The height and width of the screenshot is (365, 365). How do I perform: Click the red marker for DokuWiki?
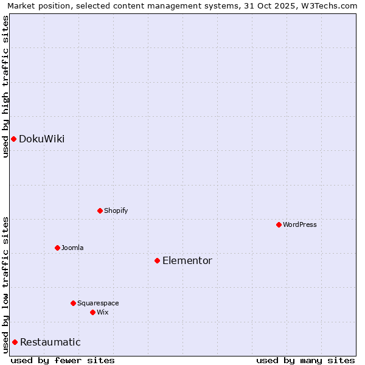click(x=13, y=139)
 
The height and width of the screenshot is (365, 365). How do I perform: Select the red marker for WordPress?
click(x=279, y=224)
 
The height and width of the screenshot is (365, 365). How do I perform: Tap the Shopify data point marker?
click(x=100, y=210)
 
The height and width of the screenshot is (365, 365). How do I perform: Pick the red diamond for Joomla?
click(x=57, y=248)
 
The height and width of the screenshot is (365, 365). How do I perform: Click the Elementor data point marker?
click(x=157, y=260)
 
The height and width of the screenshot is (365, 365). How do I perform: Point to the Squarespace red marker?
click(x=73, y=303)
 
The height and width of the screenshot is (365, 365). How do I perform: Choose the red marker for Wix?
click(x=92, y=312)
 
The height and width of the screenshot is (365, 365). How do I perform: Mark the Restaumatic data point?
click(x=15, y=342)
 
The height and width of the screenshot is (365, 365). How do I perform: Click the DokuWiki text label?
click(x=41, y=139)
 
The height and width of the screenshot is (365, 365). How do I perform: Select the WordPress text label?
click(x=300, y=224)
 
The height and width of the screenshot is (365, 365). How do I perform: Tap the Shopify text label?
click(x=116, y=210)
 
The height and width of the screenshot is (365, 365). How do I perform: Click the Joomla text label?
click(x=72, y=248)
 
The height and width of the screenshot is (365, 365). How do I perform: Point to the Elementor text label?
click(x=187, y=260)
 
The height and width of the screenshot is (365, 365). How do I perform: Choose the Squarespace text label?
click(x=98, y=303)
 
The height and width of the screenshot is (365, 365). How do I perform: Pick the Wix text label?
click(x=102, y=312)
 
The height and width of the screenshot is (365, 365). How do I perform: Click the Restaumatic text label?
click(x=50, y=342)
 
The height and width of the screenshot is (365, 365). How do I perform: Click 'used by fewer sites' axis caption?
click(x=63, y=360)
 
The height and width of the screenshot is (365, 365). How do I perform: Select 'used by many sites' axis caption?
click(x=305, y=360)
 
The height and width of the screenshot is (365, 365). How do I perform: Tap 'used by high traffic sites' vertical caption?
click(x=5, y=86)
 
